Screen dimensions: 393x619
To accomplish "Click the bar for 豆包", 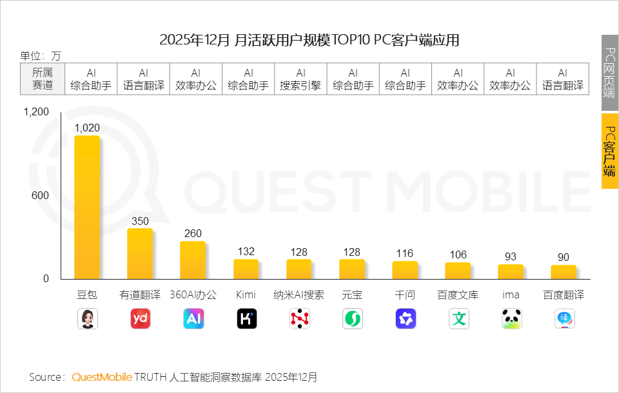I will pyautogui.click(x=87, y=207).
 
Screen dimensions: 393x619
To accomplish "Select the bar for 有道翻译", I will pyautogui.click(x=140, y=254).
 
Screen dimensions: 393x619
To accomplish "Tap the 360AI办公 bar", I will pyautogui.click(x=193, y=260).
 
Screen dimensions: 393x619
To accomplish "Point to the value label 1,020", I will pyautogui.click(x=87, y=128).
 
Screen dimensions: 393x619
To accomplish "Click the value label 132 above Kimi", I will pyautogui.click(x=246, y=251).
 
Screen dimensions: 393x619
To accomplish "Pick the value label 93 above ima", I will pyautogui.click(x=511, y=256).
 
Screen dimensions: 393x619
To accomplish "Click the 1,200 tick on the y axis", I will pyautogui.click(x=36, y=112).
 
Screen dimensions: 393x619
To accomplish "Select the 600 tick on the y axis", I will pyautogui.click(x=41, y=196).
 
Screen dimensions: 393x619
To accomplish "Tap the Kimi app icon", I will pyautogui.click(x=246, y=319).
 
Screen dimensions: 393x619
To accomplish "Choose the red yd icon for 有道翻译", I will pyautogui.click(x=140, y=319).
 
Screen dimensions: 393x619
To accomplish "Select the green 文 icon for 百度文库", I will pyautogui.click(x=458, y=319).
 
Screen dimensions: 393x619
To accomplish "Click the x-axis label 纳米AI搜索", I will pyautogui.click(x=299, y=295).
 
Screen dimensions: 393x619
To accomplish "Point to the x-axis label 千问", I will pyautogui.click(x=405, y=295).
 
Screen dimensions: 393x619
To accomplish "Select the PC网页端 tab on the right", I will pyautogui.click(x=609, y=72).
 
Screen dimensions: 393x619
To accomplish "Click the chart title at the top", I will pyautogui.click(x=309, y=40).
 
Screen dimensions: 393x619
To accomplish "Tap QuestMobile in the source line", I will pyautogui.click(x=102, y=377).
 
